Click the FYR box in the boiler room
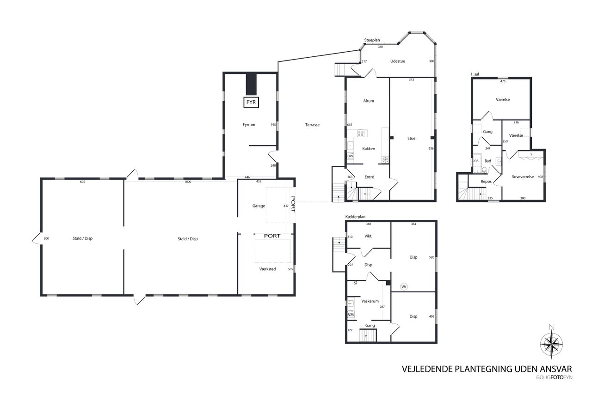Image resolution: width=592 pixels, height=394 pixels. [x=251, y=103]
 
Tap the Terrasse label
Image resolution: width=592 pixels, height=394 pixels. [x=312, y=125]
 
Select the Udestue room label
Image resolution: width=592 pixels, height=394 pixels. [x=397, y=61]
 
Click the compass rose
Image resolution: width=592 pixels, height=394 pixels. [x=551, y=344]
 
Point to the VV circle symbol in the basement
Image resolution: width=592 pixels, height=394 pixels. [x=404, y=287]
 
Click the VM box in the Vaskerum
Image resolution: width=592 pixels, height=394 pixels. [x=351, y=315]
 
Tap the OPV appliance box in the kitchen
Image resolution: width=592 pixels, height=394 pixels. [x=350, y=156]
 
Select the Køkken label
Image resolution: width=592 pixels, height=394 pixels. [x=369, y=149]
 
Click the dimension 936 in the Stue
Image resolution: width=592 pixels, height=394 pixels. [x=431, y=149]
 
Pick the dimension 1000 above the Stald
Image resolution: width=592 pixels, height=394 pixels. [x=188, y=182]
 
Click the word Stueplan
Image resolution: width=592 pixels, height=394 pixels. [x=372, y=40]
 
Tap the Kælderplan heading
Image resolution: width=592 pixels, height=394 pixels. [x=355, y=217]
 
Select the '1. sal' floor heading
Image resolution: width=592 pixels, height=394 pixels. [x=475, y=74]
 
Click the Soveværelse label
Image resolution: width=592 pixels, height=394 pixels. [x=523, y=177]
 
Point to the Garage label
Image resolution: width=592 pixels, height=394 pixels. [x=259, y=206]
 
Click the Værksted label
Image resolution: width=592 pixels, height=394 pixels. [x=267, y=269]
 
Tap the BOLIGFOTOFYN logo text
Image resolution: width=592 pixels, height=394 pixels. [x=554, y=378]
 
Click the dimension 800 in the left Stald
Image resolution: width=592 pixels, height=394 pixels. [x=46, y=238]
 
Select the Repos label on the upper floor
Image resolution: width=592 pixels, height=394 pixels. [x=486, y=182]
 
